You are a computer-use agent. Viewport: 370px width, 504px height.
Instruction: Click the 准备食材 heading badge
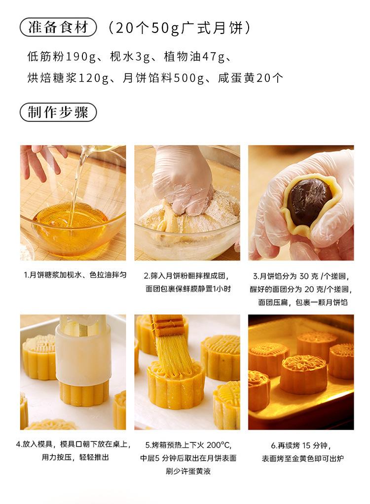pyautogui.click(x=58, y=27)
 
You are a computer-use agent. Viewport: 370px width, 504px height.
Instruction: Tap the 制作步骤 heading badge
pyautogui.click(x=58, y=112)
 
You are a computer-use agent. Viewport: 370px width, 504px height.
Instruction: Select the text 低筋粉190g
pyautogui.click(x=62, y=57)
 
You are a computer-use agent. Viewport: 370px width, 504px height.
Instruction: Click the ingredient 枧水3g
pyautogui.click(x=130, y=57)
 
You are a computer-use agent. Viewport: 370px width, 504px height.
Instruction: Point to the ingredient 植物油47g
pyautogui.click(x=194, y=57)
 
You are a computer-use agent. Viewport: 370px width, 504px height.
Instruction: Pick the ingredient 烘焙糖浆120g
pyautogui.click(x=68, y=78)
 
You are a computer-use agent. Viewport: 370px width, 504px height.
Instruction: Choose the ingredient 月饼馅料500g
pyautogui.click(x=163, y=78)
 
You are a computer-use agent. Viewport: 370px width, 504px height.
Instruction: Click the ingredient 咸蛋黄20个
pyautogui.click(x=251, y=78)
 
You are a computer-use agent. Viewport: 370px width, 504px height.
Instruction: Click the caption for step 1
pyautogui.click(x=75, y=275)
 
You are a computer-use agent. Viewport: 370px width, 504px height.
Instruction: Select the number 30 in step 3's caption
pyautogui.click(x=304, y=276)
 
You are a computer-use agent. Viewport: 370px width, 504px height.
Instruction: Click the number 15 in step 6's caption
pyautogui.click(x=306, y=445)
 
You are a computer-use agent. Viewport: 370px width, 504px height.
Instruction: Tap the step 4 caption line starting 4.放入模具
pyautogui.click(x=74, y=444)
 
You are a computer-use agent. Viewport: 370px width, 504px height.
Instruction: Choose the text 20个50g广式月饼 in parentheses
pyautogui.click(x=179, y=28)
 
